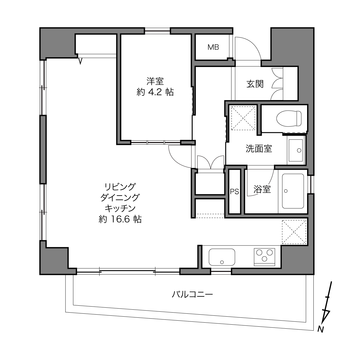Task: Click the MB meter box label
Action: click(213, 47)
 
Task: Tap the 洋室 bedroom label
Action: click(155, 81)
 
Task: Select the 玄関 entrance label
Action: click(255, 84)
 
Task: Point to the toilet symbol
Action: click(289, 118)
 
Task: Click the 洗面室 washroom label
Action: click(259, 149)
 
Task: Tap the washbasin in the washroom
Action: click(296, 150)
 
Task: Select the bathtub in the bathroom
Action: click(293, 191)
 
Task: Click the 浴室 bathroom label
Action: click(262, 189)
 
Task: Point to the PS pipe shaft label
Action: click(234, 192)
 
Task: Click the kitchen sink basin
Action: click(222, 257)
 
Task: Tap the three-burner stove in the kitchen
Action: click(264, 257)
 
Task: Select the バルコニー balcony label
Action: click(192, 295)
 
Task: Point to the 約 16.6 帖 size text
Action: click(120, 219)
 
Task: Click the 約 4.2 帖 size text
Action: click(155, 92)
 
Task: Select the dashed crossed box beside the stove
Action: click(294, 232)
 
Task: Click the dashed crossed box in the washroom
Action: click(243, 118)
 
